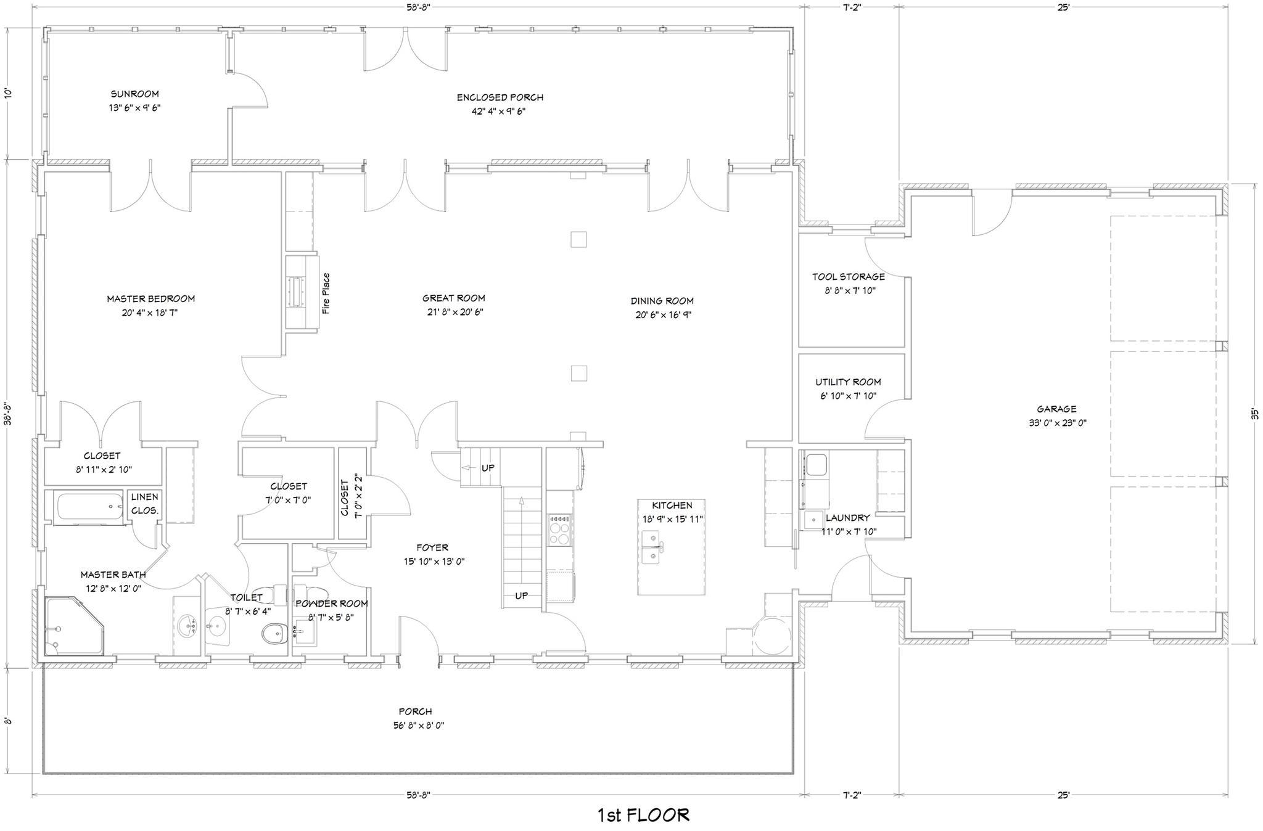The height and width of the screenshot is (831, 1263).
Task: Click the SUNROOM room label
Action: pos(134,94)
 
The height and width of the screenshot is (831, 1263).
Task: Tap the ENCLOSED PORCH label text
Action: pos(500,97)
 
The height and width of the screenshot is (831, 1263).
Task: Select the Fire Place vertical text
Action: pos(326,293)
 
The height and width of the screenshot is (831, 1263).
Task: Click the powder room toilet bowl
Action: pos(274,633)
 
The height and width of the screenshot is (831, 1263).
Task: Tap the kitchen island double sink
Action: pos(652,547)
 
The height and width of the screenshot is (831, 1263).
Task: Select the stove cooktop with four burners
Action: pos(560,530)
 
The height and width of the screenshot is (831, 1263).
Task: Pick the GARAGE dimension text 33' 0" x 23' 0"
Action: pos(1056,423)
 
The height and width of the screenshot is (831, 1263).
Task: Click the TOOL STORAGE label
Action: pos(848,277)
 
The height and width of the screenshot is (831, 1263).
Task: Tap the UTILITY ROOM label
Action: pos(848,382)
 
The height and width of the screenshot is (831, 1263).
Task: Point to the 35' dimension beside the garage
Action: pos(1254,415)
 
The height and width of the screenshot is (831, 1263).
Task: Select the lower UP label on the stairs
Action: pos(521,596)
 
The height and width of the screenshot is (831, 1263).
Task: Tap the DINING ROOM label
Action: pos(662,301)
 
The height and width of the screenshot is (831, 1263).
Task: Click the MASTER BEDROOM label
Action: pos(150,299)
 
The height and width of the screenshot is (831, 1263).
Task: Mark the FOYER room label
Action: pos(432,547)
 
